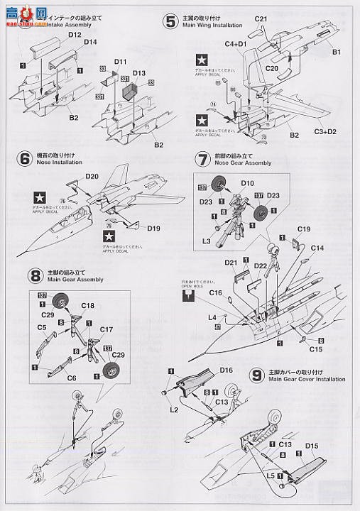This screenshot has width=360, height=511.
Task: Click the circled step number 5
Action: click(170, 21)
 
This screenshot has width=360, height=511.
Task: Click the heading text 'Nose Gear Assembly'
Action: click(232, 163)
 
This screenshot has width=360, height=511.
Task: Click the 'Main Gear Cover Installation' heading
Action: click(307, 380)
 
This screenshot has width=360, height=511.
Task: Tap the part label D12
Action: click(75, 34)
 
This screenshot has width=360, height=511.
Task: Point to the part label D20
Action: click(92, 175)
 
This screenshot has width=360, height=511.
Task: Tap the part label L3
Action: click(207, 242)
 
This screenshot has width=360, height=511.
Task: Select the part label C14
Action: click(317, 248)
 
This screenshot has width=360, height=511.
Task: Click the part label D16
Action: click(226, 370)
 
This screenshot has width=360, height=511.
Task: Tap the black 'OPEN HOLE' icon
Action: click(186, 299)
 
